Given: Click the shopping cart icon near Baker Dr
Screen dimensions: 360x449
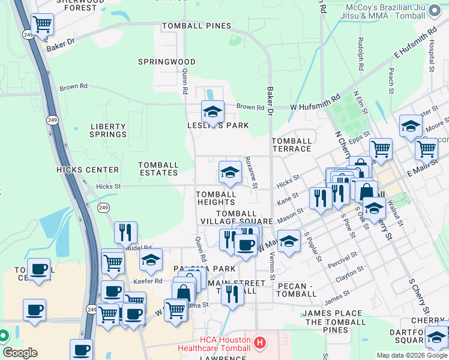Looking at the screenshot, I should (42, 25).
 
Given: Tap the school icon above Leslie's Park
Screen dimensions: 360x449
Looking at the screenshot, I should (212, 112).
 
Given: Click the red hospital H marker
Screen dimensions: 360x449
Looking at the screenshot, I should (259, 343).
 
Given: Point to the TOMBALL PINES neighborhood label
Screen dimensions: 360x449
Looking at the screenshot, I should (196, 26).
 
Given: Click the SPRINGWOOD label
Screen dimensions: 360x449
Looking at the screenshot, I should (167, 62).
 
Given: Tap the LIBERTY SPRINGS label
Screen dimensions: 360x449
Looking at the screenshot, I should (108, 130).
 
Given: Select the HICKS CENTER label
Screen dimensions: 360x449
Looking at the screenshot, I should (88, 170).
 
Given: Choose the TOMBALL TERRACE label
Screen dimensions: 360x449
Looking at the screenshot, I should (292, 145).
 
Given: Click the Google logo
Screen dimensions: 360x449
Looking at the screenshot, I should (20, 353).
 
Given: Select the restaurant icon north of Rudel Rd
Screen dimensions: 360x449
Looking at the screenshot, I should (125, 232).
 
